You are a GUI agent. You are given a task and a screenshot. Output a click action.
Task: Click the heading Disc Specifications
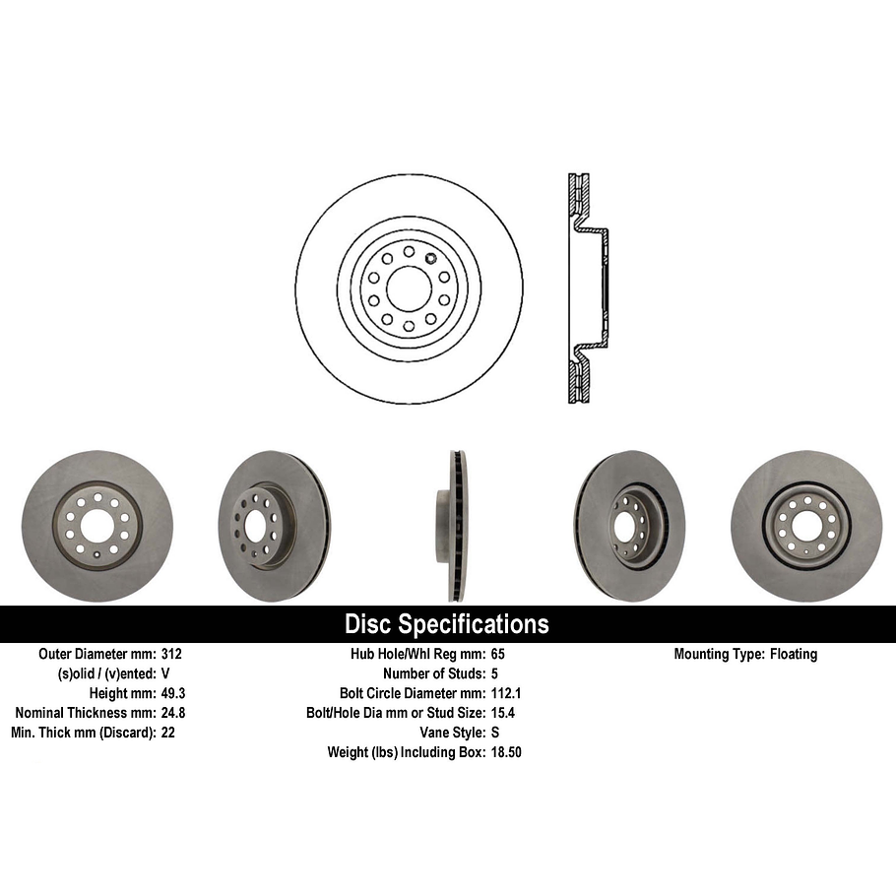click(x=446, y=624)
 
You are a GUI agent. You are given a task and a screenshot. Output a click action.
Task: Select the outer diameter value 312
click(x=171, y=654)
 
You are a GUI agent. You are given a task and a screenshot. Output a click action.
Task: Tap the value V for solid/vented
click(x=165, y=673)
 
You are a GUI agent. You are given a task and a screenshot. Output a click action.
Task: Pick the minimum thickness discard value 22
click(x=167, y=733)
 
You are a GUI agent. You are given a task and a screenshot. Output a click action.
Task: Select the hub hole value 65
click(x=497, y=654)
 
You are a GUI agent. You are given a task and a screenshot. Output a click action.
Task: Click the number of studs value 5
click(x=494, y=673)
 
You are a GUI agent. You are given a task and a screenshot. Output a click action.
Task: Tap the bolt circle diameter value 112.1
click(x=505, y=693)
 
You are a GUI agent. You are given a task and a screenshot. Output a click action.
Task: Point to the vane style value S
click(x=494, y=733)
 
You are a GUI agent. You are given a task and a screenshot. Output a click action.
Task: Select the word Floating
click(x=793, y=654)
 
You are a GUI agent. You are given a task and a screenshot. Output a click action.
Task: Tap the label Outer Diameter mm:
click(x=96, y=654)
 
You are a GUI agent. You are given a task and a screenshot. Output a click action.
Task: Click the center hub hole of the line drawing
click(x=408, y=288)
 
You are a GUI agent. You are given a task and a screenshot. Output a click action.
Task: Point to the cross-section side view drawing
click(x=584, y=288)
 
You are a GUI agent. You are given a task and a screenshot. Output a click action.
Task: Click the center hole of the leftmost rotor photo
click(x=96, y=526)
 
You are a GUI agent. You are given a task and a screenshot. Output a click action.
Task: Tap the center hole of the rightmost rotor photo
click(x=806, y=526)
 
